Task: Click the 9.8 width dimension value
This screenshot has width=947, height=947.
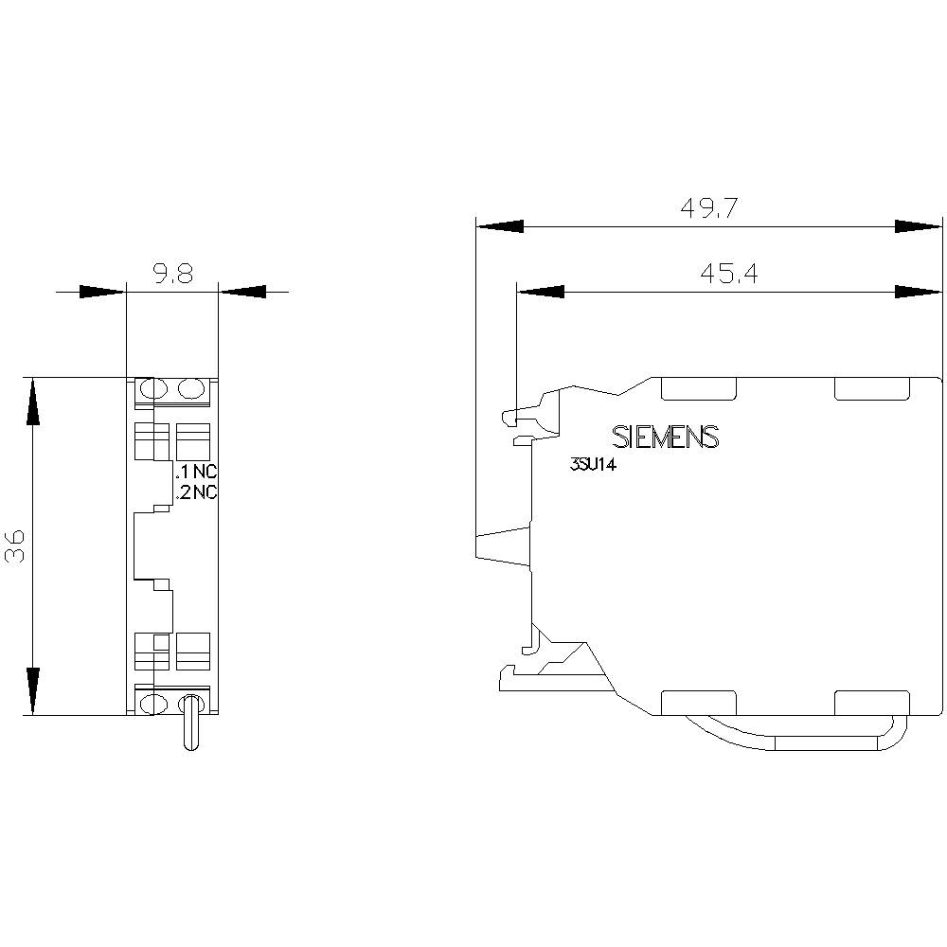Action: pyautogui.click(x=172, y=275)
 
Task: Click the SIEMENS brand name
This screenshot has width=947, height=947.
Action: pyautogui.click(x=666, y=437)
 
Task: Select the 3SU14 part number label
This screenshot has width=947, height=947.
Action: pyautogui.click(x=593, y=465)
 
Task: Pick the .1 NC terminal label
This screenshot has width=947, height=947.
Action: pyautogui.click(x=197, y=472)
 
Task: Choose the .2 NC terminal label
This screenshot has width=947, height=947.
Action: pyautogui.click(x=197, y=491)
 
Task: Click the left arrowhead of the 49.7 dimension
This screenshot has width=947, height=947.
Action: pyautogui.click(x=499, y=227)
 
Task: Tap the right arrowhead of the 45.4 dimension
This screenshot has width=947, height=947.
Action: pyautogui.click(x=917, y=292)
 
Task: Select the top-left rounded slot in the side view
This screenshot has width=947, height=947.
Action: pyautogui.click(x=698, y=387)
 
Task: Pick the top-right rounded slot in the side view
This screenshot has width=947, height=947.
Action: pyautogui.click(x=871, y=387)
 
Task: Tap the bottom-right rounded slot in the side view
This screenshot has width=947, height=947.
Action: pyautogui.click(x=871, y=702)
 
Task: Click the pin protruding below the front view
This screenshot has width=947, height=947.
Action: pyautogui.click(x=190, y=724)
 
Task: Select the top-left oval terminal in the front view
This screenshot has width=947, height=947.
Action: pyautogui.click(x=150, y=389)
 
